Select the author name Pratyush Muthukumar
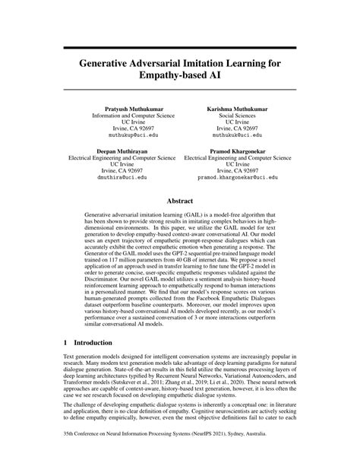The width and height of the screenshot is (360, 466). coord(133,109)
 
